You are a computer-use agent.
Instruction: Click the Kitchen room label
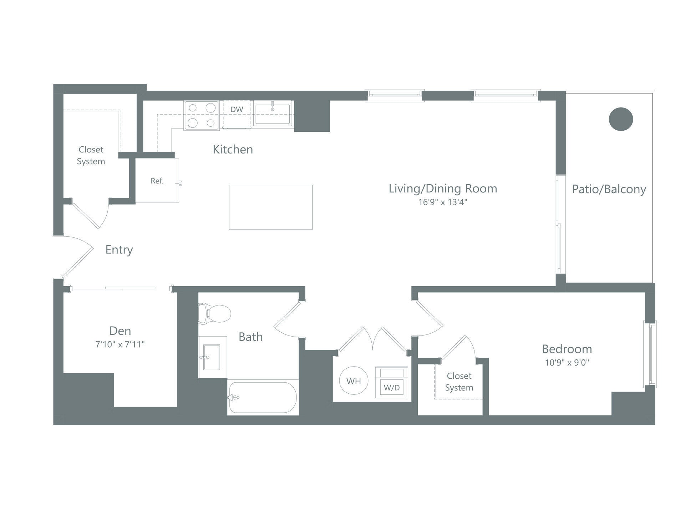233,149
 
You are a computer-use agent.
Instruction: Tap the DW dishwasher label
237,110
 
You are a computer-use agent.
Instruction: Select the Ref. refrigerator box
157,181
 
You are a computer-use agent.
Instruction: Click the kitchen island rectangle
270,207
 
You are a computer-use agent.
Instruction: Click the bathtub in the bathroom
263,397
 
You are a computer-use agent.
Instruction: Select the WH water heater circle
354,381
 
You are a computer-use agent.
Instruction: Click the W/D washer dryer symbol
392,382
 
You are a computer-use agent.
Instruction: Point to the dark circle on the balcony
621,119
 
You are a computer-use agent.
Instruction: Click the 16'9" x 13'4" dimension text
443,202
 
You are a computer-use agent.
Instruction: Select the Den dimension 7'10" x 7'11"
120,344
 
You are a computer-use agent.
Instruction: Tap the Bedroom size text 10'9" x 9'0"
567,363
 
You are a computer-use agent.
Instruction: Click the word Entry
119,250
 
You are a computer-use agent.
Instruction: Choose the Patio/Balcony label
609,189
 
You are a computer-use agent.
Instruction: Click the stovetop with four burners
202,115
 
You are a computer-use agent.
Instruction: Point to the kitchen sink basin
273,114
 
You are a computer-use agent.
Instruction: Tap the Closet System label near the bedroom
459,382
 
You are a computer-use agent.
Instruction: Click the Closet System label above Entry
91,155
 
